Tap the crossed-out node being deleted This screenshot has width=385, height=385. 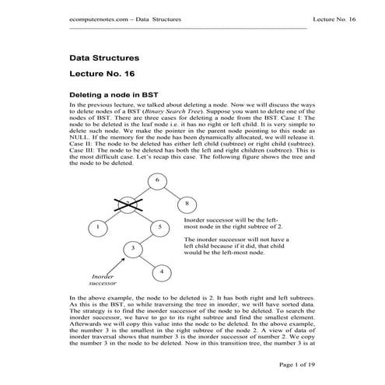tap(126, 203)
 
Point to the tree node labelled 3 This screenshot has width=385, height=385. tap(134, 248)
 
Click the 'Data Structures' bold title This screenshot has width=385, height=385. tap(104, 58)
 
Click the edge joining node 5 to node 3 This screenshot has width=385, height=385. tap(146, 237)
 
